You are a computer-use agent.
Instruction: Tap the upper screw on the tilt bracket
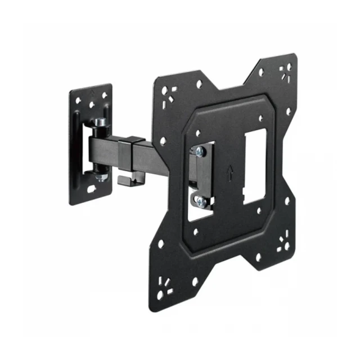(200, 151)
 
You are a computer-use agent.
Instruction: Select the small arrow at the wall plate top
(91, 91)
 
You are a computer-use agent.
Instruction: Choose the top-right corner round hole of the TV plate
(288, 66)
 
